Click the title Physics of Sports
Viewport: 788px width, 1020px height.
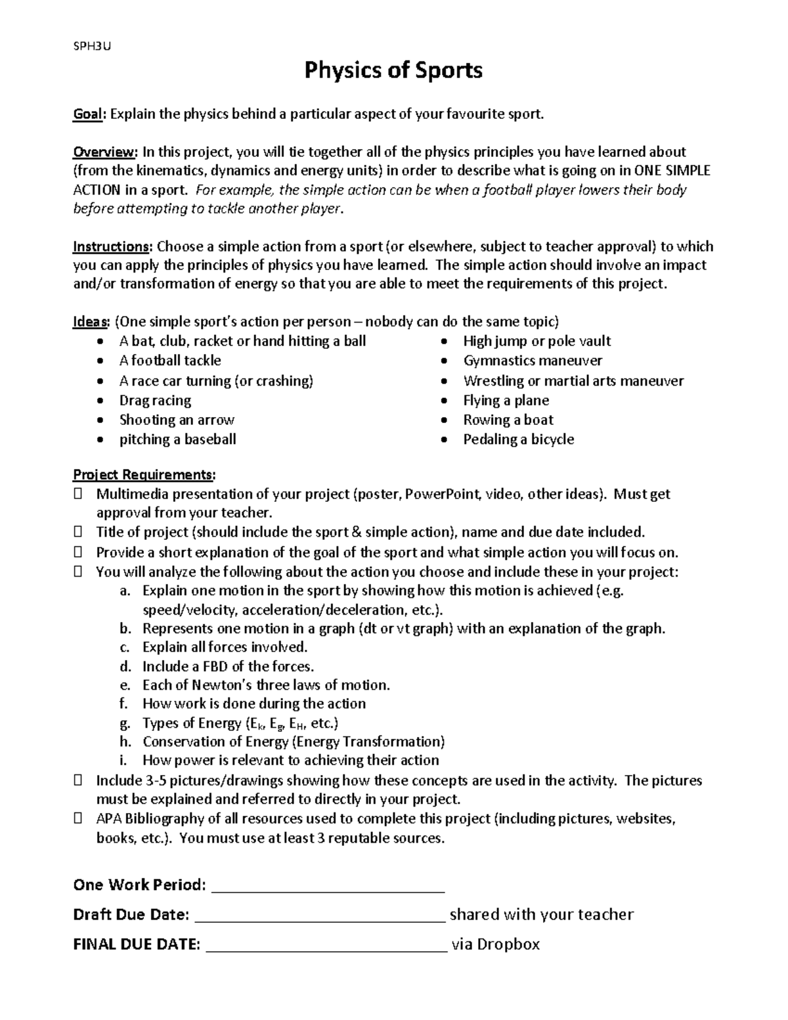coord(393,70)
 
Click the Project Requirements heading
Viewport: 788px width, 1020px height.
coord(144,475)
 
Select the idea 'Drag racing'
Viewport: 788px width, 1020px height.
coord(155,401)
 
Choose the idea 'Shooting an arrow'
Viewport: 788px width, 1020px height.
coord(177,420)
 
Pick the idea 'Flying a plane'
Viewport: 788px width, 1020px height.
coord(506,401)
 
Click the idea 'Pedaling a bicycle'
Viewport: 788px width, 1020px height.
coord(518,439)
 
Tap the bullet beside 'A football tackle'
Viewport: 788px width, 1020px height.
coord(100,361)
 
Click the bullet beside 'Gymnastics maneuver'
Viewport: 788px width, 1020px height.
coord(445,361)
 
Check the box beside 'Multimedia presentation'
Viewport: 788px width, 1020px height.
coord(78,494)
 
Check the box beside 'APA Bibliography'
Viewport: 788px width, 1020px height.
coord(78,819)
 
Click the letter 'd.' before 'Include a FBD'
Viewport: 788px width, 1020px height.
coord(125,667)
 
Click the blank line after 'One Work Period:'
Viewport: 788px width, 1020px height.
coord(329,887)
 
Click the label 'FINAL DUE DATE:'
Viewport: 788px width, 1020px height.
coord(137,945)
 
